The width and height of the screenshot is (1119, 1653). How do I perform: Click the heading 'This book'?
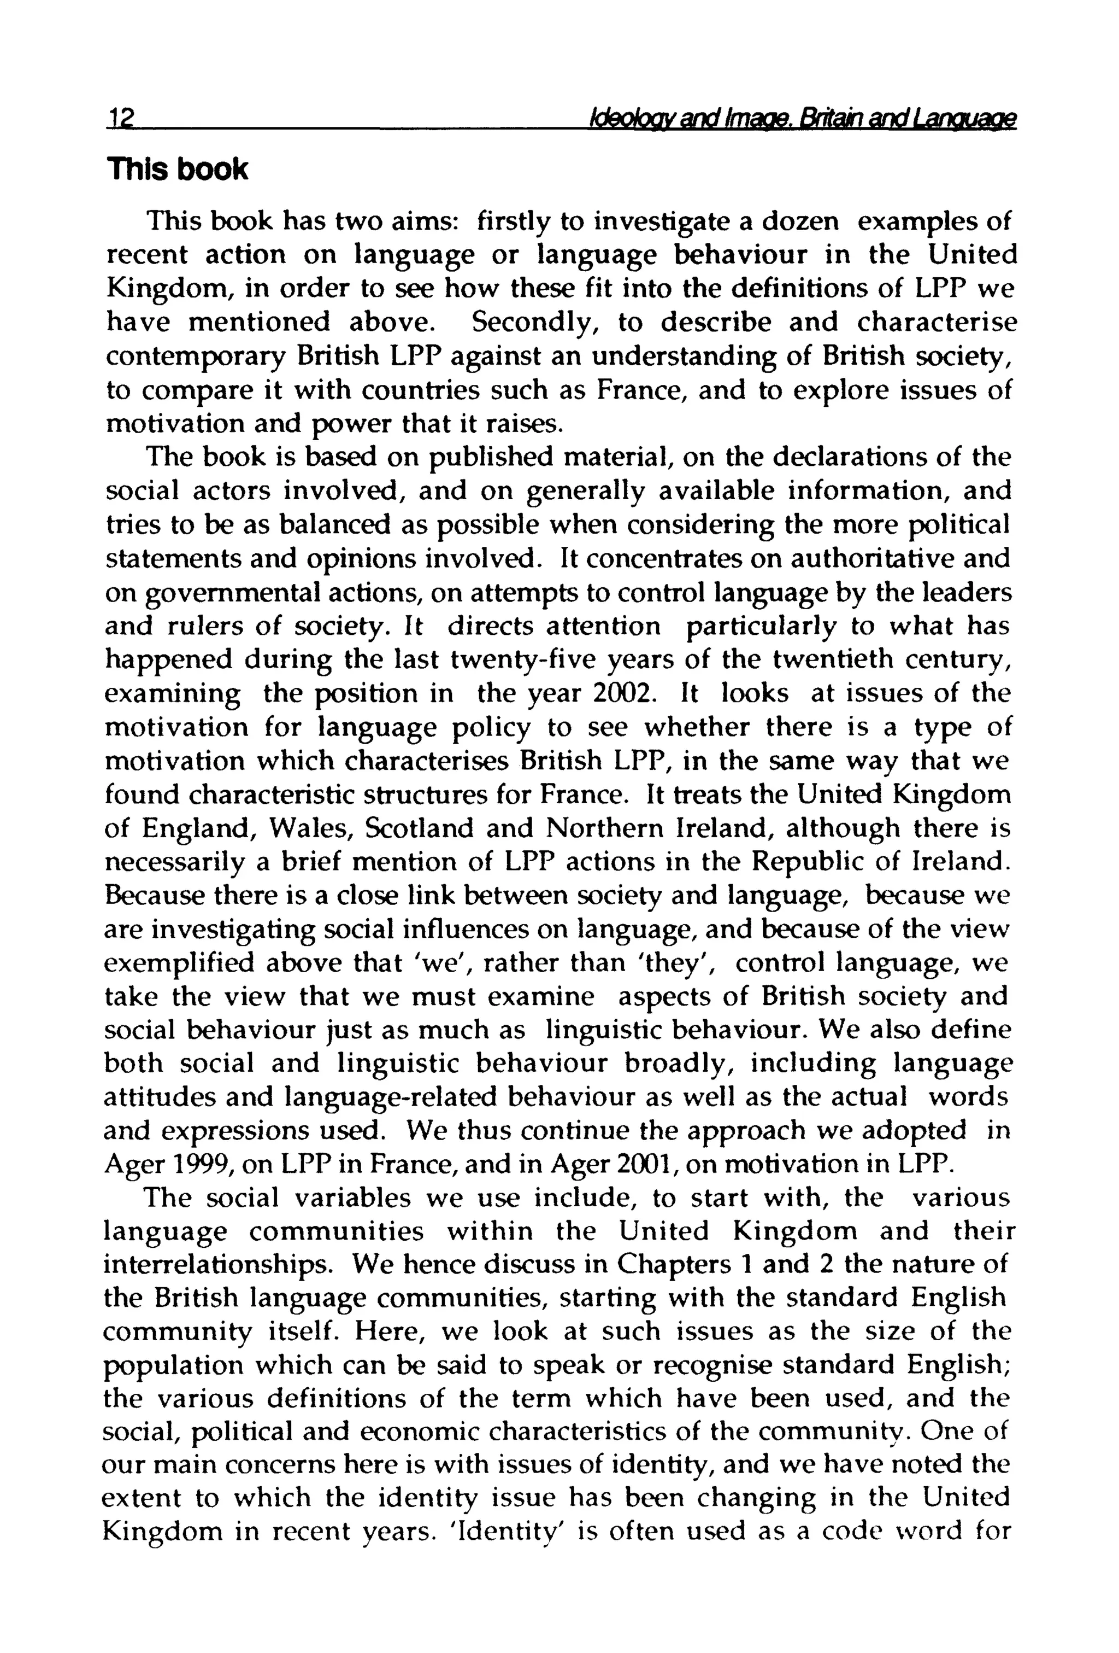pyautogui.click(x=176, y=170)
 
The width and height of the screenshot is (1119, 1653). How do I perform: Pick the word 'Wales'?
pyautogui.click(x=314, y=828)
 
